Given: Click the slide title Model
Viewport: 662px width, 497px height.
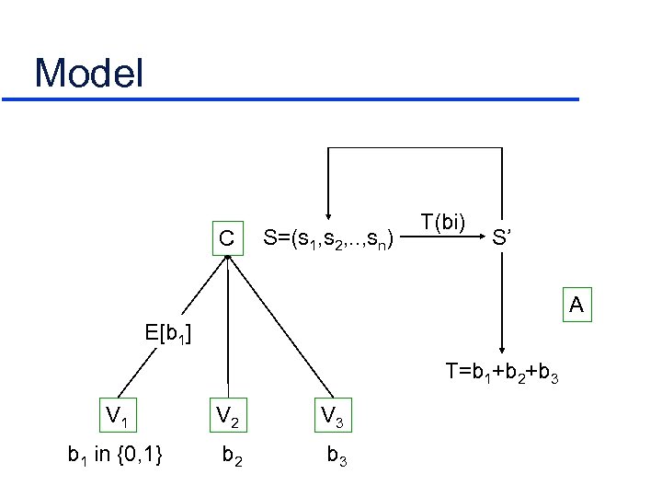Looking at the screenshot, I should (89, 73).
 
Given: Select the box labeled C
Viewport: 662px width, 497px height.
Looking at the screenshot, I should (226, 237).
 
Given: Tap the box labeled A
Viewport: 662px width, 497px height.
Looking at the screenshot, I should (576, 304).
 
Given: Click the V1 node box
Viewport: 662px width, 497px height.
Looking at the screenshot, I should (117, 416).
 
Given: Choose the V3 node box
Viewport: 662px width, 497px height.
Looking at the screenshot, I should (332, 416).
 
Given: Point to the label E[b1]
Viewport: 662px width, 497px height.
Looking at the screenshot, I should (166, 332).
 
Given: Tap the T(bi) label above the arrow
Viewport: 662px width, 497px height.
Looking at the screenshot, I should (443, 222).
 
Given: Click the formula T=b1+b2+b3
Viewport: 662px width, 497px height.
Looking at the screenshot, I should (501, 372).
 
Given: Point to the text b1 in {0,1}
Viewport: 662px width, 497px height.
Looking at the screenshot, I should (116, 454).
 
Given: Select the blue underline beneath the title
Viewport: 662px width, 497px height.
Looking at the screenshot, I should (302, 98).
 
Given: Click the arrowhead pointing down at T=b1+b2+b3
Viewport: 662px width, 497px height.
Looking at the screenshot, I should (502, 351).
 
